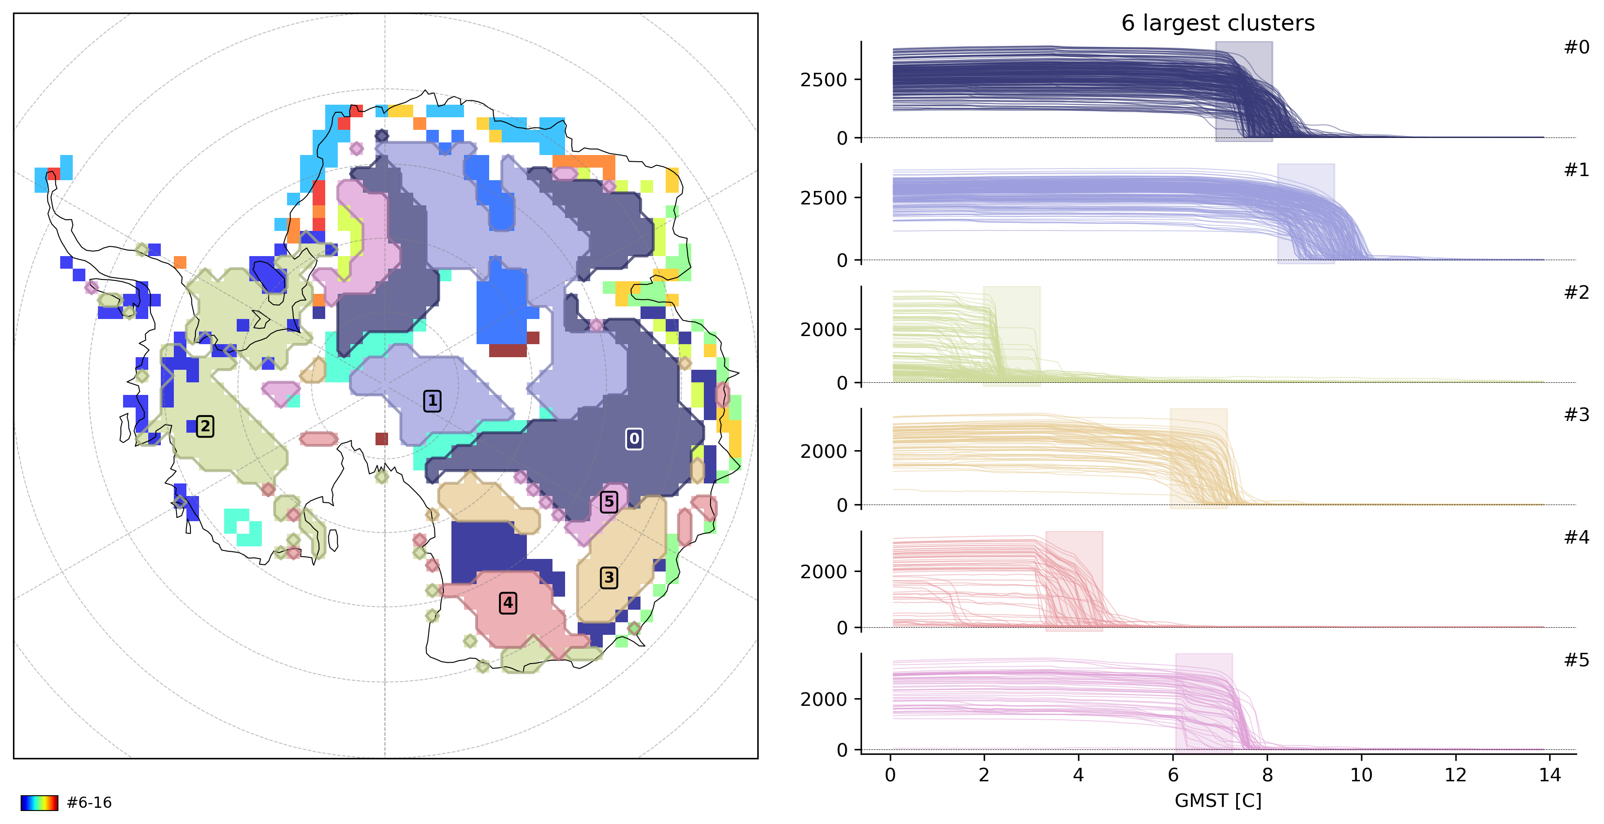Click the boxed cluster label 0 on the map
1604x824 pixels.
pos(634,439)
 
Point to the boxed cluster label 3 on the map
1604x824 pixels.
pos(609,577)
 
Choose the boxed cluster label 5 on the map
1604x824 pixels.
pos(609,501)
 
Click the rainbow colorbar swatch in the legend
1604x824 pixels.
pos(39,802)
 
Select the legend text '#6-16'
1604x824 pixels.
pos(89,802)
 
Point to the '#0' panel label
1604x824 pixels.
pos(1576,47)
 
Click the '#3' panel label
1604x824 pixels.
pos(1576,415)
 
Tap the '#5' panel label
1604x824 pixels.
pos(1576,660)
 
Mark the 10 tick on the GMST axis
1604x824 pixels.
pos(1361,775)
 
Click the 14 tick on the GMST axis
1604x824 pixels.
pos(1550,775)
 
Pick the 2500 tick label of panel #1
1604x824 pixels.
pos(823,198)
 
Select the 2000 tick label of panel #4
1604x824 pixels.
pos(823,572)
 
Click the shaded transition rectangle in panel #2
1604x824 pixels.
pos(1011,337)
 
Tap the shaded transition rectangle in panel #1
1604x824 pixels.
pos(1306,213)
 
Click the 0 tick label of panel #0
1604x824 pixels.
pos(842,138)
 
